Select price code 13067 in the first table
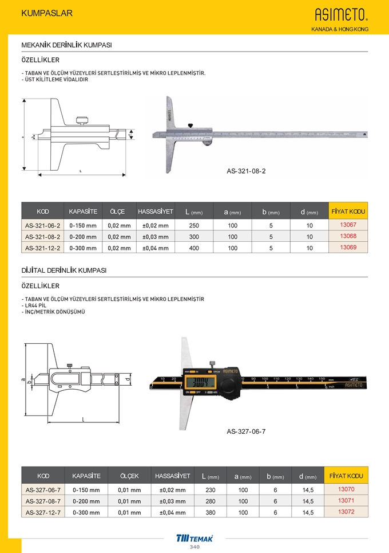point(348,225)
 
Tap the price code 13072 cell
point(347,512)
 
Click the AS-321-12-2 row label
point(42,248)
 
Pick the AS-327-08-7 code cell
point(43,501)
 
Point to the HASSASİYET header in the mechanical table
point(155,212)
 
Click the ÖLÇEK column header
point(129,476)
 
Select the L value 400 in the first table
point(194,248)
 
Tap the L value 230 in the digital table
point(210,490)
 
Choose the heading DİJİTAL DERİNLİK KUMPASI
point(64,270)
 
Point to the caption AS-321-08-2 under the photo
point(246,171)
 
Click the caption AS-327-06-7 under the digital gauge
point(246,432)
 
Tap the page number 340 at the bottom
point(194,547)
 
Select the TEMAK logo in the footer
point(194,538)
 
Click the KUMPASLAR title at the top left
point(46,13)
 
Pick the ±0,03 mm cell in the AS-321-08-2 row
point(155,237)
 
